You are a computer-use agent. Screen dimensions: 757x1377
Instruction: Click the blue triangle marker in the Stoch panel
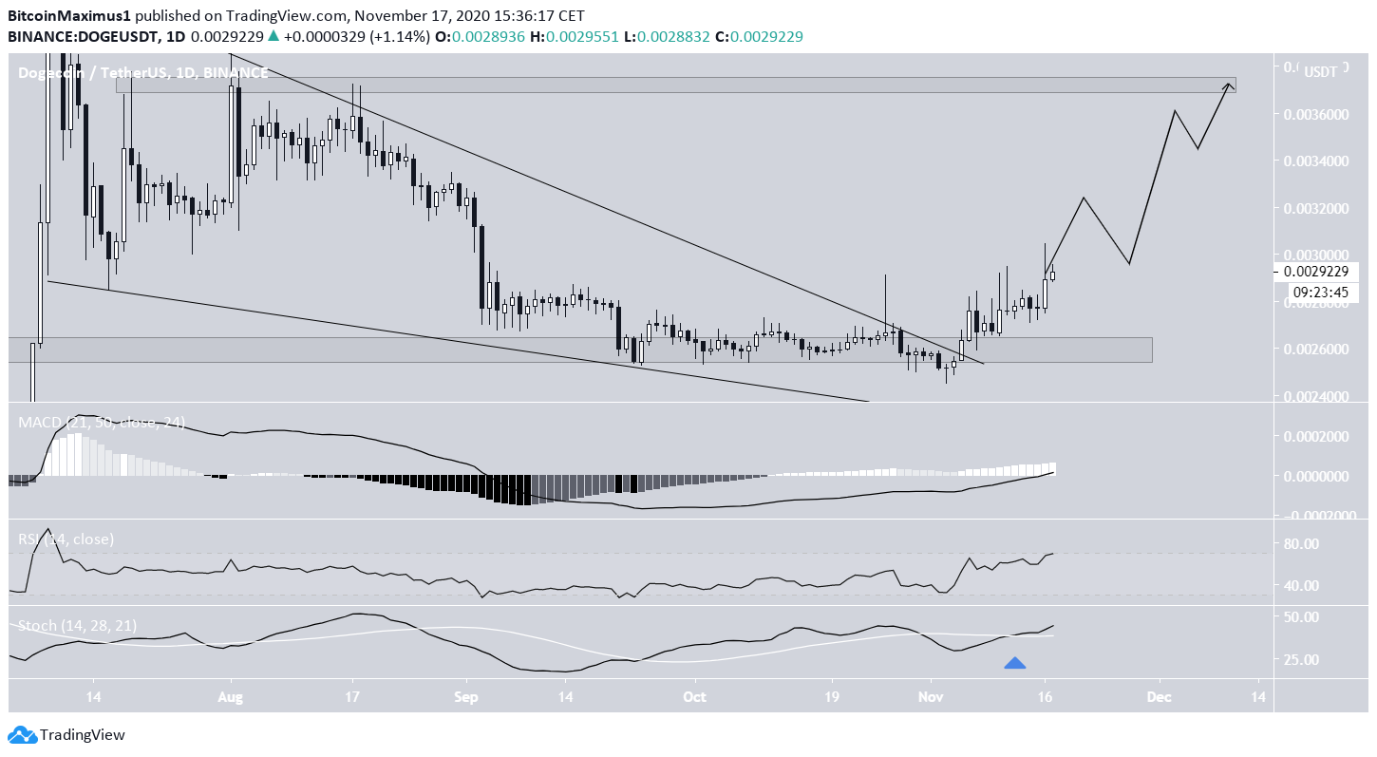point(1014,663)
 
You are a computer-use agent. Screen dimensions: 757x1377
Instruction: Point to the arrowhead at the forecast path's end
point(1229,86)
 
